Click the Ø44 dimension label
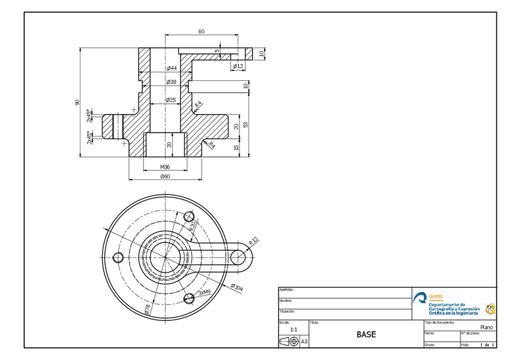coord(171,68)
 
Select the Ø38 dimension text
coord(171,82)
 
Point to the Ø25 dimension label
coord(171,100)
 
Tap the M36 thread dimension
coord(165,167)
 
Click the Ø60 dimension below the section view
coord(165,176)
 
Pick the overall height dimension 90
coord(77,103)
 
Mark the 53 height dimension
coord(246,125)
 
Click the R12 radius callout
coord(253,241)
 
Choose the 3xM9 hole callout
coord(205,292)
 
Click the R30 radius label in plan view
coord(193,226)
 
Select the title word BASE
coord(366,334)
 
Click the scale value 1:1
coord(294,329)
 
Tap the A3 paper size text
coord(304,341)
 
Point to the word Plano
coord(486,328)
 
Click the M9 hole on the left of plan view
coord(118,257)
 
